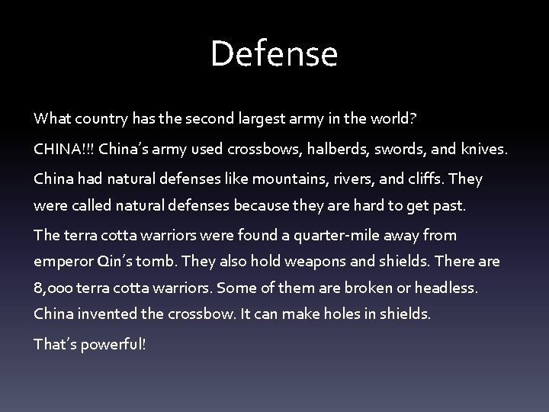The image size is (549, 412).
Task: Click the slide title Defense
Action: pyautogui.click(x=274, y=54)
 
